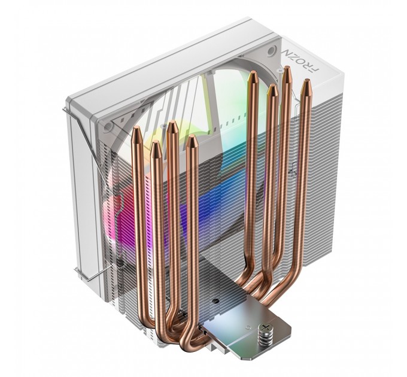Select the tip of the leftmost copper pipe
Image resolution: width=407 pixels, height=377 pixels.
[x=136, y=130]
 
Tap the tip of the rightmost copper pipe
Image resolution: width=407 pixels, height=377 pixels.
[x=305, y=84]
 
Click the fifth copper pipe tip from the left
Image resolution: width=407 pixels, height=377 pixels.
[x=253, y=75]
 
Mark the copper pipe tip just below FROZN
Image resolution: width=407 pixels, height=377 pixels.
[x=287, y=71]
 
